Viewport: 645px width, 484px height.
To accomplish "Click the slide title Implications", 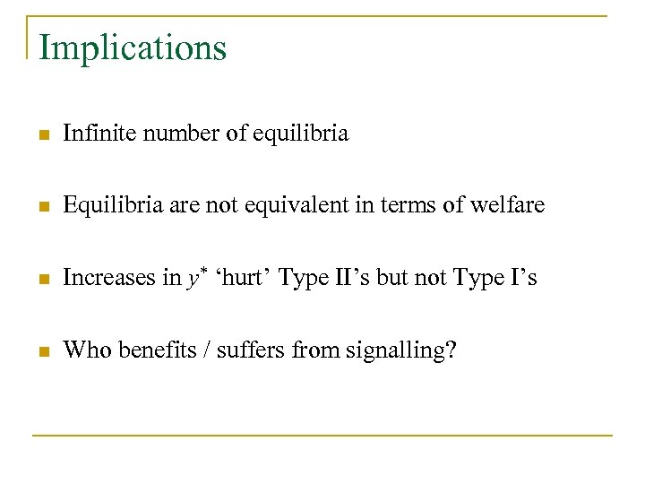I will pyautogui.click(x=133, y=48).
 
